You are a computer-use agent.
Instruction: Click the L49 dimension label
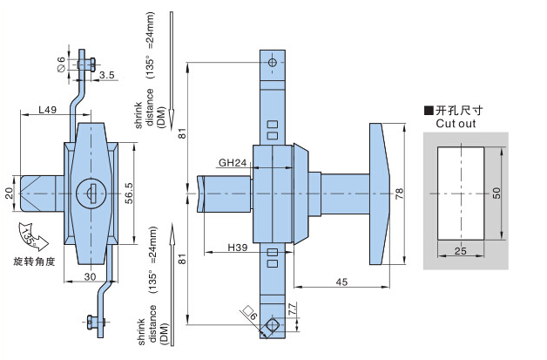click(47, 110)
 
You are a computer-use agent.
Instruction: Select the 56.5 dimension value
click(129, 194)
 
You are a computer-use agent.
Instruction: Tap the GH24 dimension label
click(233, 163)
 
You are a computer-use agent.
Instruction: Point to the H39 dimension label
click(238, 248)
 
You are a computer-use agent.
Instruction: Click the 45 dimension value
click(341, 282)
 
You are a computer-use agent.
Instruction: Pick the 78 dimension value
click(400, 194)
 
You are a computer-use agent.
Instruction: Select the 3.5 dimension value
click(107, 75)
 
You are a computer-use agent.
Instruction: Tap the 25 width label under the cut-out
click(461, 251)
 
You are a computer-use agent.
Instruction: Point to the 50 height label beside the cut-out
click(496, 194)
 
